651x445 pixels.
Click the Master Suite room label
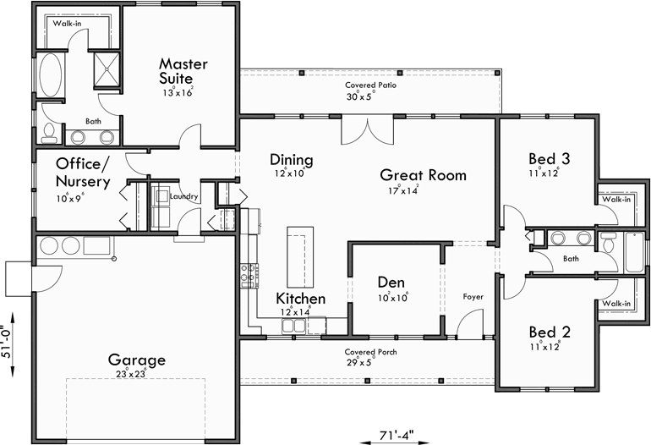click(x=183, y=71)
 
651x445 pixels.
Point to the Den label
click(x=391, y=282)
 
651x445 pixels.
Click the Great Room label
click(x=423, y=175)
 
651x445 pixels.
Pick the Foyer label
click(x=473, y=297)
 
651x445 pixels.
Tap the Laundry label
click(x=183, y=197)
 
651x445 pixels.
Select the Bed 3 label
click(x=549, y=158)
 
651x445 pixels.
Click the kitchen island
click(x=297, y=256)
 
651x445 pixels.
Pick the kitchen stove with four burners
click(x=249, y=276)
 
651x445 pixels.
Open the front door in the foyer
click(x=469, y=326)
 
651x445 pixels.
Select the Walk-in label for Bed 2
click(x=615, y=303)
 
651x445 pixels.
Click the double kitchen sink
click(x=293, y=324)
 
